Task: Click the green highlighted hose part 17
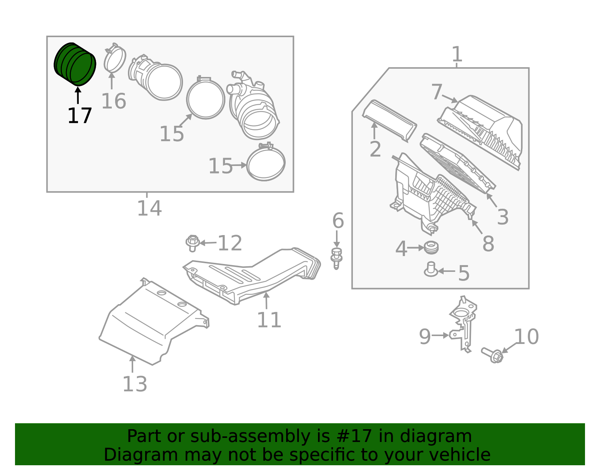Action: click(x=75, y=64)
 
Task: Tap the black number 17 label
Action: click(x=79, y=116)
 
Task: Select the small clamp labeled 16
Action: click(x=115, y=59)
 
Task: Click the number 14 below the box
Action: click(x=149, y=208)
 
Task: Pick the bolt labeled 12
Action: click(x=192, y=243)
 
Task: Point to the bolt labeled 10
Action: click(x=493, y=355)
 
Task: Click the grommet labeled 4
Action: click(x=431, y=248)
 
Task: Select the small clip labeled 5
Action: click(x=431, y=270)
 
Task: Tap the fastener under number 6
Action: click(x=336, y=258)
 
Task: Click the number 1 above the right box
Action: click(x=456, y=54)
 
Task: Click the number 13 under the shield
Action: click(x=135, y=384)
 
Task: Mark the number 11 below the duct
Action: click(x=269, y=320)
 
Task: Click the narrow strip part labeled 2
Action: click(x=390, y=120)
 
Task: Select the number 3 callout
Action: click(x=503, y=217)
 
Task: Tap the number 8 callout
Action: click(x=488, y=244)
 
